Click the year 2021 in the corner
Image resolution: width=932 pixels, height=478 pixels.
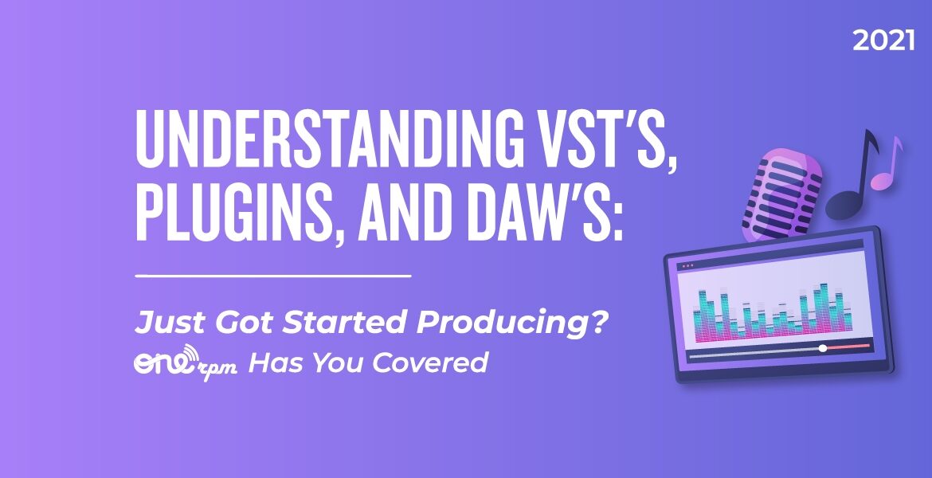[883, 41]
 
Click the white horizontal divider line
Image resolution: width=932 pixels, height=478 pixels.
[273, 276]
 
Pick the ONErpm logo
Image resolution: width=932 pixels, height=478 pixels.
[186, 363]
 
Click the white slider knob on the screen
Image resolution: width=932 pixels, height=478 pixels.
[823, 348]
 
